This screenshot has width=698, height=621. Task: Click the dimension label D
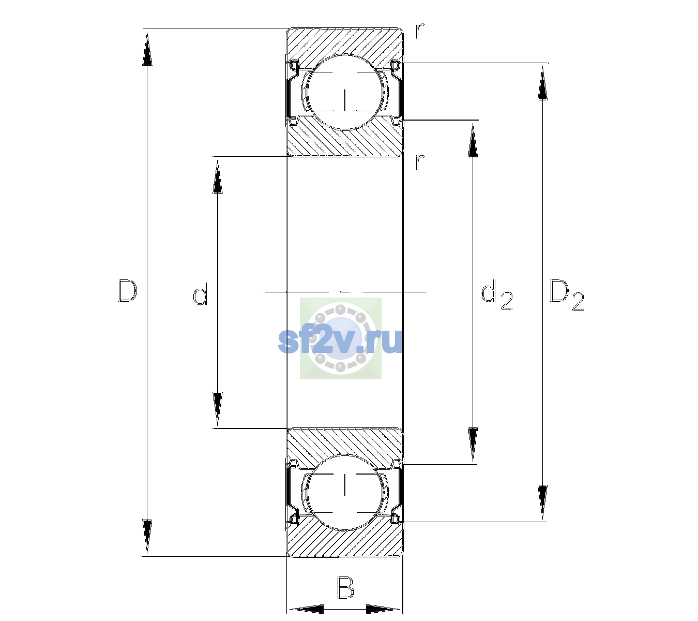tap(128, 291)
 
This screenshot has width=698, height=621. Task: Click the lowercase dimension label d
tap(201, 294)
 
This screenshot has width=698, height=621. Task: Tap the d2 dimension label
tap(497, 295)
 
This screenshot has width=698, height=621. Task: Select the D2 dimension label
tap(567, 295)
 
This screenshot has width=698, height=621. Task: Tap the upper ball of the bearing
tap(345, 92)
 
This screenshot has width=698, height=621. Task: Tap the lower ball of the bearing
tap(345, 492)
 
